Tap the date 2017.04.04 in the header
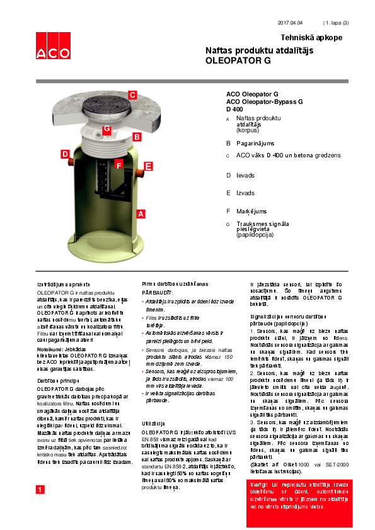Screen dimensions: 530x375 [x=291, y=23]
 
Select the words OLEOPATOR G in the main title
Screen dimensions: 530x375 [x=238, y=61]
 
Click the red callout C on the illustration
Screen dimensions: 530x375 [x=132, y=94]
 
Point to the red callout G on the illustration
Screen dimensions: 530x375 [x=107, y=129]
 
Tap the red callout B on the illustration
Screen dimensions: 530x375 [x=137, y=136]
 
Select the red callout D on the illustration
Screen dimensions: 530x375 [x=64, y=154]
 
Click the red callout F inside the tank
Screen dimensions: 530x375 [x=118, y=165]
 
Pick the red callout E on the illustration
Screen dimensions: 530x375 [x=148, y=166]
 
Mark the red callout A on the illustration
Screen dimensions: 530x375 [x=141, y=214]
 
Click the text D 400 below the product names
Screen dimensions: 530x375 [x=234, y=109]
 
